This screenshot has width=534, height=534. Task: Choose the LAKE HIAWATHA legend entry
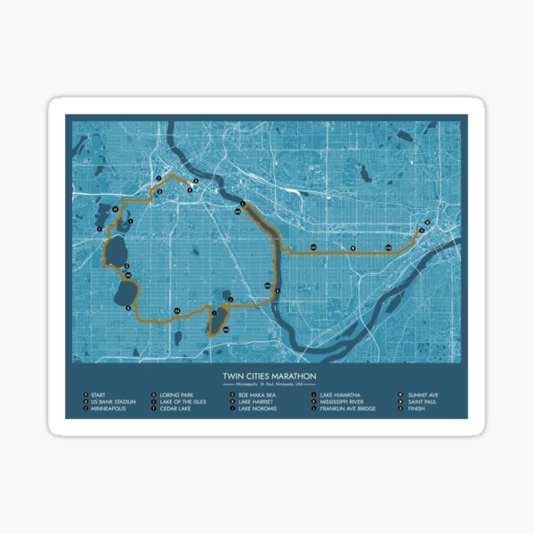click(x=339, y=393)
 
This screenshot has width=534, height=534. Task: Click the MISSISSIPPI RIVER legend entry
click(x=343, y=401)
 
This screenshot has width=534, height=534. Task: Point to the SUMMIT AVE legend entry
click(x=422, y=393)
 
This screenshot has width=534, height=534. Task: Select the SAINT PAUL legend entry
click(x=422, y=401)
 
